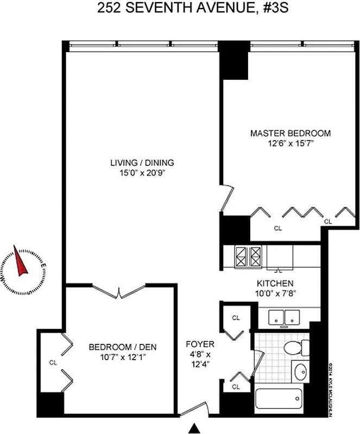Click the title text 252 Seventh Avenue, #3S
[x=180, y=9]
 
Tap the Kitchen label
[x=275, y=283]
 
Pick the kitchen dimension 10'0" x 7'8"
[x=275, y=293]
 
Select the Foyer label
[x=200, y=344]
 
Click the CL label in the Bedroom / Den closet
[x=53, y=362]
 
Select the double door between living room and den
[x=119, y=292]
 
